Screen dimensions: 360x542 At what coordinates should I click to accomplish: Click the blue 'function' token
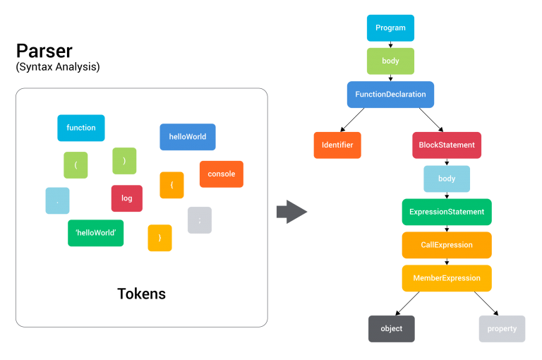(x=81, y=128)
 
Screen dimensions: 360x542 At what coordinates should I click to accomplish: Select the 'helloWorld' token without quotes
(x=188, y=137)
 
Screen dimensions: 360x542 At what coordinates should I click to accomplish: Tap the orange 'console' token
(x=221, y=174)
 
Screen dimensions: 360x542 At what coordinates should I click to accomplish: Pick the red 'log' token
(x=127, y=198)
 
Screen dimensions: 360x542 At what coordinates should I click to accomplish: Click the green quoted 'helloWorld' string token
(x=96, y=233)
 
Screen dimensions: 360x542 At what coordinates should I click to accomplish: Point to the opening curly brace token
(x=171, y=185)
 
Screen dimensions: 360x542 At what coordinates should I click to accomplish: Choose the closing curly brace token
(x=159, y=238)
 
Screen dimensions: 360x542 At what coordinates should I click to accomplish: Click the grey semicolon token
(x=200, y=220)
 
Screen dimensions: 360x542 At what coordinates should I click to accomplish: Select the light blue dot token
(x=57, y=201)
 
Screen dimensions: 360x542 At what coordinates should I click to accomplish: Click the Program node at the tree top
(x=390, y=28)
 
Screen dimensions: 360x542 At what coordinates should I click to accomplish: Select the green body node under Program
(x=390, y=61)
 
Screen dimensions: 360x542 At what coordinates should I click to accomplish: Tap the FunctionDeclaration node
(x=390, y=95)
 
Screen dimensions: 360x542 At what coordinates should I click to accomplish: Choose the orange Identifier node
(x=337, y=145)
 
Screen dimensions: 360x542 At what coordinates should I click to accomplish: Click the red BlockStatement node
(x=447, y=145)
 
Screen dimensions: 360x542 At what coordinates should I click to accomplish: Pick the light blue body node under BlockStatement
(x=447, y=179)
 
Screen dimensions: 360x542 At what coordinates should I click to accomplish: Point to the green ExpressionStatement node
(x=447, y=212)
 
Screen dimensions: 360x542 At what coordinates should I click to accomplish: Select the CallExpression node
(x=447, y=245)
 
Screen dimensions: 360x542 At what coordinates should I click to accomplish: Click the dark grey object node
(x=391, y=329)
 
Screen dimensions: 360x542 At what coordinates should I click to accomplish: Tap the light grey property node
(x=502, y=329)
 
